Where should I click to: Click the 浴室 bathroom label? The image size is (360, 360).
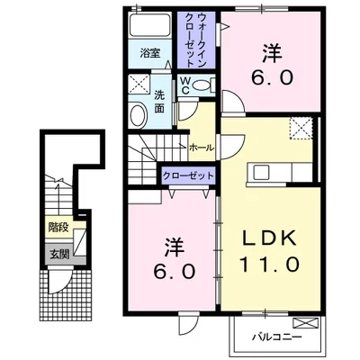pyautogui.click(x=150, y=53)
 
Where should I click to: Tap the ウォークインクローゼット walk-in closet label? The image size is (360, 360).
pyautogui.click(x=196, y=40)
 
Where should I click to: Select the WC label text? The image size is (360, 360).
pyautogui.click(x=185, y=85)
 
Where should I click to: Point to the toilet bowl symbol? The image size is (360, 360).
pyautogui.click(x=202, y=85)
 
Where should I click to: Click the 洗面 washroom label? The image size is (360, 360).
pyautogui.click(x=159, y=102)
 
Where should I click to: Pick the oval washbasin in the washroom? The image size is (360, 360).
pyautogui.click(x=139, y=115)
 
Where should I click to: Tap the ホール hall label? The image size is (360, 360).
pyautogui.click(x=202, y=148)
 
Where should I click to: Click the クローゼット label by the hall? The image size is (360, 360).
pyautogui.click(x=188, y=175)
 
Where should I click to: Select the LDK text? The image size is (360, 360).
pyautogui.click(x=269, y=238)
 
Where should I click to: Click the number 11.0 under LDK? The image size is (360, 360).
pyautogui.click(x=269, y=265)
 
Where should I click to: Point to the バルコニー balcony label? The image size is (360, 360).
pyautogui.click(x=276, y=337)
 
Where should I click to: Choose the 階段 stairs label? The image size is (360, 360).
pyautogui.click(x=59, y=227)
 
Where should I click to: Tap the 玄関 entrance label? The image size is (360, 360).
pyautogui.click(x=59, y=255)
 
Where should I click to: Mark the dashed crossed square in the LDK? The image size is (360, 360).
pyautogui.click(x=301, y=129)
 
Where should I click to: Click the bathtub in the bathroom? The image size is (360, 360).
pyautogui.click(x=149, y=25)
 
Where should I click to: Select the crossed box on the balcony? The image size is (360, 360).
pyautogui.click(x=305, y=323)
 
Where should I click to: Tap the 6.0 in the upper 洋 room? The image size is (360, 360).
pyautogui.click(x=272, y=79)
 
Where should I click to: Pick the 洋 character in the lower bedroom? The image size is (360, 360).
pyautogui.click(x=175, y=247)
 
